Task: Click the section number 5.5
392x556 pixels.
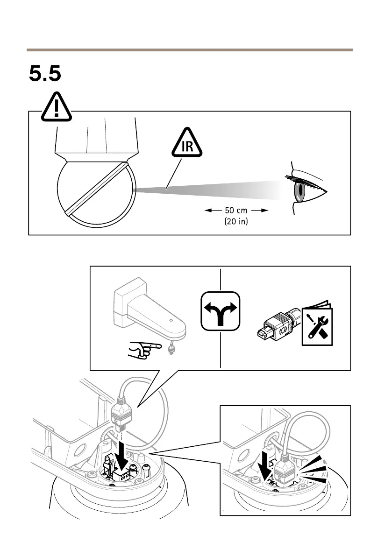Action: (45, 73)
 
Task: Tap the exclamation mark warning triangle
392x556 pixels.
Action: (57, 107)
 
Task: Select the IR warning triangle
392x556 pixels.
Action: (187, 142)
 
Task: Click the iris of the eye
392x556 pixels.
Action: (300, 190)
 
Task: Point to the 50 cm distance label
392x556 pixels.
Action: (236, 210)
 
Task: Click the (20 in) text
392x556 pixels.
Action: (236, 221)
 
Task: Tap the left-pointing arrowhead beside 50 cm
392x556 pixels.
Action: (208, 210)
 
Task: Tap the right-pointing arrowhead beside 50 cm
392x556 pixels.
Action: (264, 210)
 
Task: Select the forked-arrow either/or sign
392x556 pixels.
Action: (221, 311)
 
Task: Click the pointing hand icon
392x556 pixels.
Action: (144, 350)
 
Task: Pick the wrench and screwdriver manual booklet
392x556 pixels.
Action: (317, 324)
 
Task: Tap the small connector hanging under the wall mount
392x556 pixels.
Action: (171, 349)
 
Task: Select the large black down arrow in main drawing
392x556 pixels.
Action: (122, 457)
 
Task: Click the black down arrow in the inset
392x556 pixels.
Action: (264, 466)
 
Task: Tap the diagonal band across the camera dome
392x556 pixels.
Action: (97, 189)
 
